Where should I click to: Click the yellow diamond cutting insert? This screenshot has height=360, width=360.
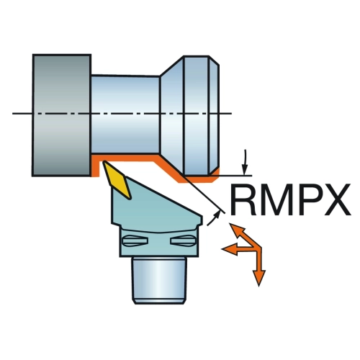[117, 179]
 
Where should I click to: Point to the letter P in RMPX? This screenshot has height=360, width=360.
[308, 199]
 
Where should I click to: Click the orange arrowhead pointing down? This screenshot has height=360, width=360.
[258, 277]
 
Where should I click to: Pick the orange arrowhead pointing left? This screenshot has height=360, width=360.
[230, 250]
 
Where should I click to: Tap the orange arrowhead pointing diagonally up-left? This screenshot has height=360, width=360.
[237, 230]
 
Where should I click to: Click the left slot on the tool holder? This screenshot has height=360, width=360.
[135, 240]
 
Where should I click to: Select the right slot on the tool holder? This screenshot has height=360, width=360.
[183, 240]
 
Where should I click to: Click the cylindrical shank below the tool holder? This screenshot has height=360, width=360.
[159, 280]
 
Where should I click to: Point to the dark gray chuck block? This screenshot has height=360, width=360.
[62, 115]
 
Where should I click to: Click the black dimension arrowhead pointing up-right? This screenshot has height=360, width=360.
[217, 215]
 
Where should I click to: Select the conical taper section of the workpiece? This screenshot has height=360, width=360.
[172, 114]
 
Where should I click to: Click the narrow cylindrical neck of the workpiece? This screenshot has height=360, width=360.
[125, 114]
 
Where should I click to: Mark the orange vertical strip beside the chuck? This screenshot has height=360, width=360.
[95, 166]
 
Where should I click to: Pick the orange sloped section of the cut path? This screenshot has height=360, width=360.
[169, 169]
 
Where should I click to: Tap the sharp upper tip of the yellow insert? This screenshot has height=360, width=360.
[103, 162]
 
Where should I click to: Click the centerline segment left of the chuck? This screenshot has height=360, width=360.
[22, 113]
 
